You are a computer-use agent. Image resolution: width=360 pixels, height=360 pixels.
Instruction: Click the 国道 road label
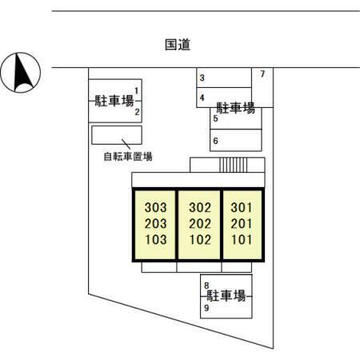(178, 45)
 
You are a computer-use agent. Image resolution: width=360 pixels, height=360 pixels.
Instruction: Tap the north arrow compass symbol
(21, 73)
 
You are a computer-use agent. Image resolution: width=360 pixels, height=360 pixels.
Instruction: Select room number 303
(156, 207)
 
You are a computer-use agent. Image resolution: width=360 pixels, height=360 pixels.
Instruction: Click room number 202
(200, 223)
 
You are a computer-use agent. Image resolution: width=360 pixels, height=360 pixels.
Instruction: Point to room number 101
(242, 239)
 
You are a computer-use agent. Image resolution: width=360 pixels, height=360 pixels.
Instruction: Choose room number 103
(156, 239)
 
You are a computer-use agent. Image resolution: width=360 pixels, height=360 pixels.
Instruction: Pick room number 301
(242, 207)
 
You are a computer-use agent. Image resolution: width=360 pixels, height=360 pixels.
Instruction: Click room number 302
(200, 207)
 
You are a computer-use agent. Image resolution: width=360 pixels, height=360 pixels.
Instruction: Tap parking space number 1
(137, 91)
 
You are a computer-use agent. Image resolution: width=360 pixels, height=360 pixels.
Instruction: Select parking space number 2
(137, 112)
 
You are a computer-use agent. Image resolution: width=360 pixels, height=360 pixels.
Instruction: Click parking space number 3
(202, 78)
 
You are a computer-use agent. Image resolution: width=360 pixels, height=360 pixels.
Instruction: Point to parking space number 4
(202, 98)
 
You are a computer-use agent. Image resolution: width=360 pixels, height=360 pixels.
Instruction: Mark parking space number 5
(215, 118)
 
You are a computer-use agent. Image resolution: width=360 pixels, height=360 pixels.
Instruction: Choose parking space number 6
(215, 141)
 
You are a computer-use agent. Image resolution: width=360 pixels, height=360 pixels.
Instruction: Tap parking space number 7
(262, 74)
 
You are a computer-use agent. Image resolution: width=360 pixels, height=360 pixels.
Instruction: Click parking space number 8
(206, 286)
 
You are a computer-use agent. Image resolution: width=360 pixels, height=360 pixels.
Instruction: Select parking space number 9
(206, 308)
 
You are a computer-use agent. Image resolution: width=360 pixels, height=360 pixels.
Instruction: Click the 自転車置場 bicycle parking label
(128, 157)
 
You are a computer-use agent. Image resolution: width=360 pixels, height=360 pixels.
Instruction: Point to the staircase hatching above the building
(234, 165)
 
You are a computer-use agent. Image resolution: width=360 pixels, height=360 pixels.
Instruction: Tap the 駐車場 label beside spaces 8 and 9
(226, 296)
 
